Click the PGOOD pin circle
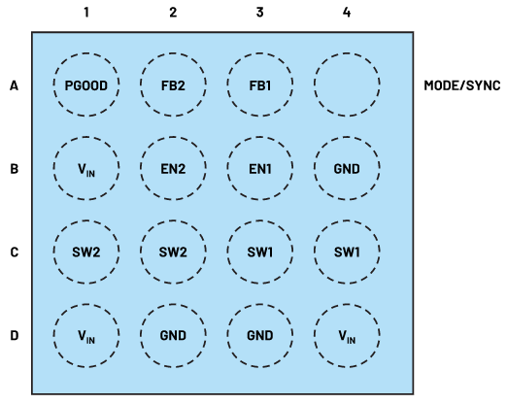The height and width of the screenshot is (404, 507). click(x=86, y=84)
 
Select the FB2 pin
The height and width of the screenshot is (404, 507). click(x=173, y=84)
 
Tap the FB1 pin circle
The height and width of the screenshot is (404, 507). click(x=260, y=84)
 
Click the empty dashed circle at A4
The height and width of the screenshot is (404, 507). click(x=347, y=52)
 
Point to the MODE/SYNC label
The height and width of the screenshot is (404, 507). click(x=462, y=85)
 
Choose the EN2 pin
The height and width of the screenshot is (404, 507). click(x=173, y=168)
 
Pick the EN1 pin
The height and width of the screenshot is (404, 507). click(x=260, y=168)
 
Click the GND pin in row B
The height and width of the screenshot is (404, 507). click(x=347, y=168)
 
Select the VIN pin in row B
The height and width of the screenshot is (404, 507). click(x=86, y=168)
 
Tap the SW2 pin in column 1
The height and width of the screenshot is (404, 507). click(x=86, y=252)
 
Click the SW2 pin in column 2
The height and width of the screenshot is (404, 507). click(x=173, y=252)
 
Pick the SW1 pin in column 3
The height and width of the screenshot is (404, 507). click(x=260, y=252)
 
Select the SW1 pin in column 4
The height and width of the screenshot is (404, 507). click(x=347, y=252)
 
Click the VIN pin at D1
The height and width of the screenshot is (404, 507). click(x=86, y=335)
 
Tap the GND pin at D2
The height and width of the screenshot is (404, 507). click(x=173, y=335)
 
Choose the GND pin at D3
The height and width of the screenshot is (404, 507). click(x=260, y=335)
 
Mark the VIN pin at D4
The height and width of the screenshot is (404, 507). click(x=347, y=335)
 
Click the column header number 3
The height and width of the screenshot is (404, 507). click(x=259, y=13)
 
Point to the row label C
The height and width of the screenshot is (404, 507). click(x=14, y=252)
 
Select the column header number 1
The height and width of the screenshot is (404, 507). click(x=86, y=13)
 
